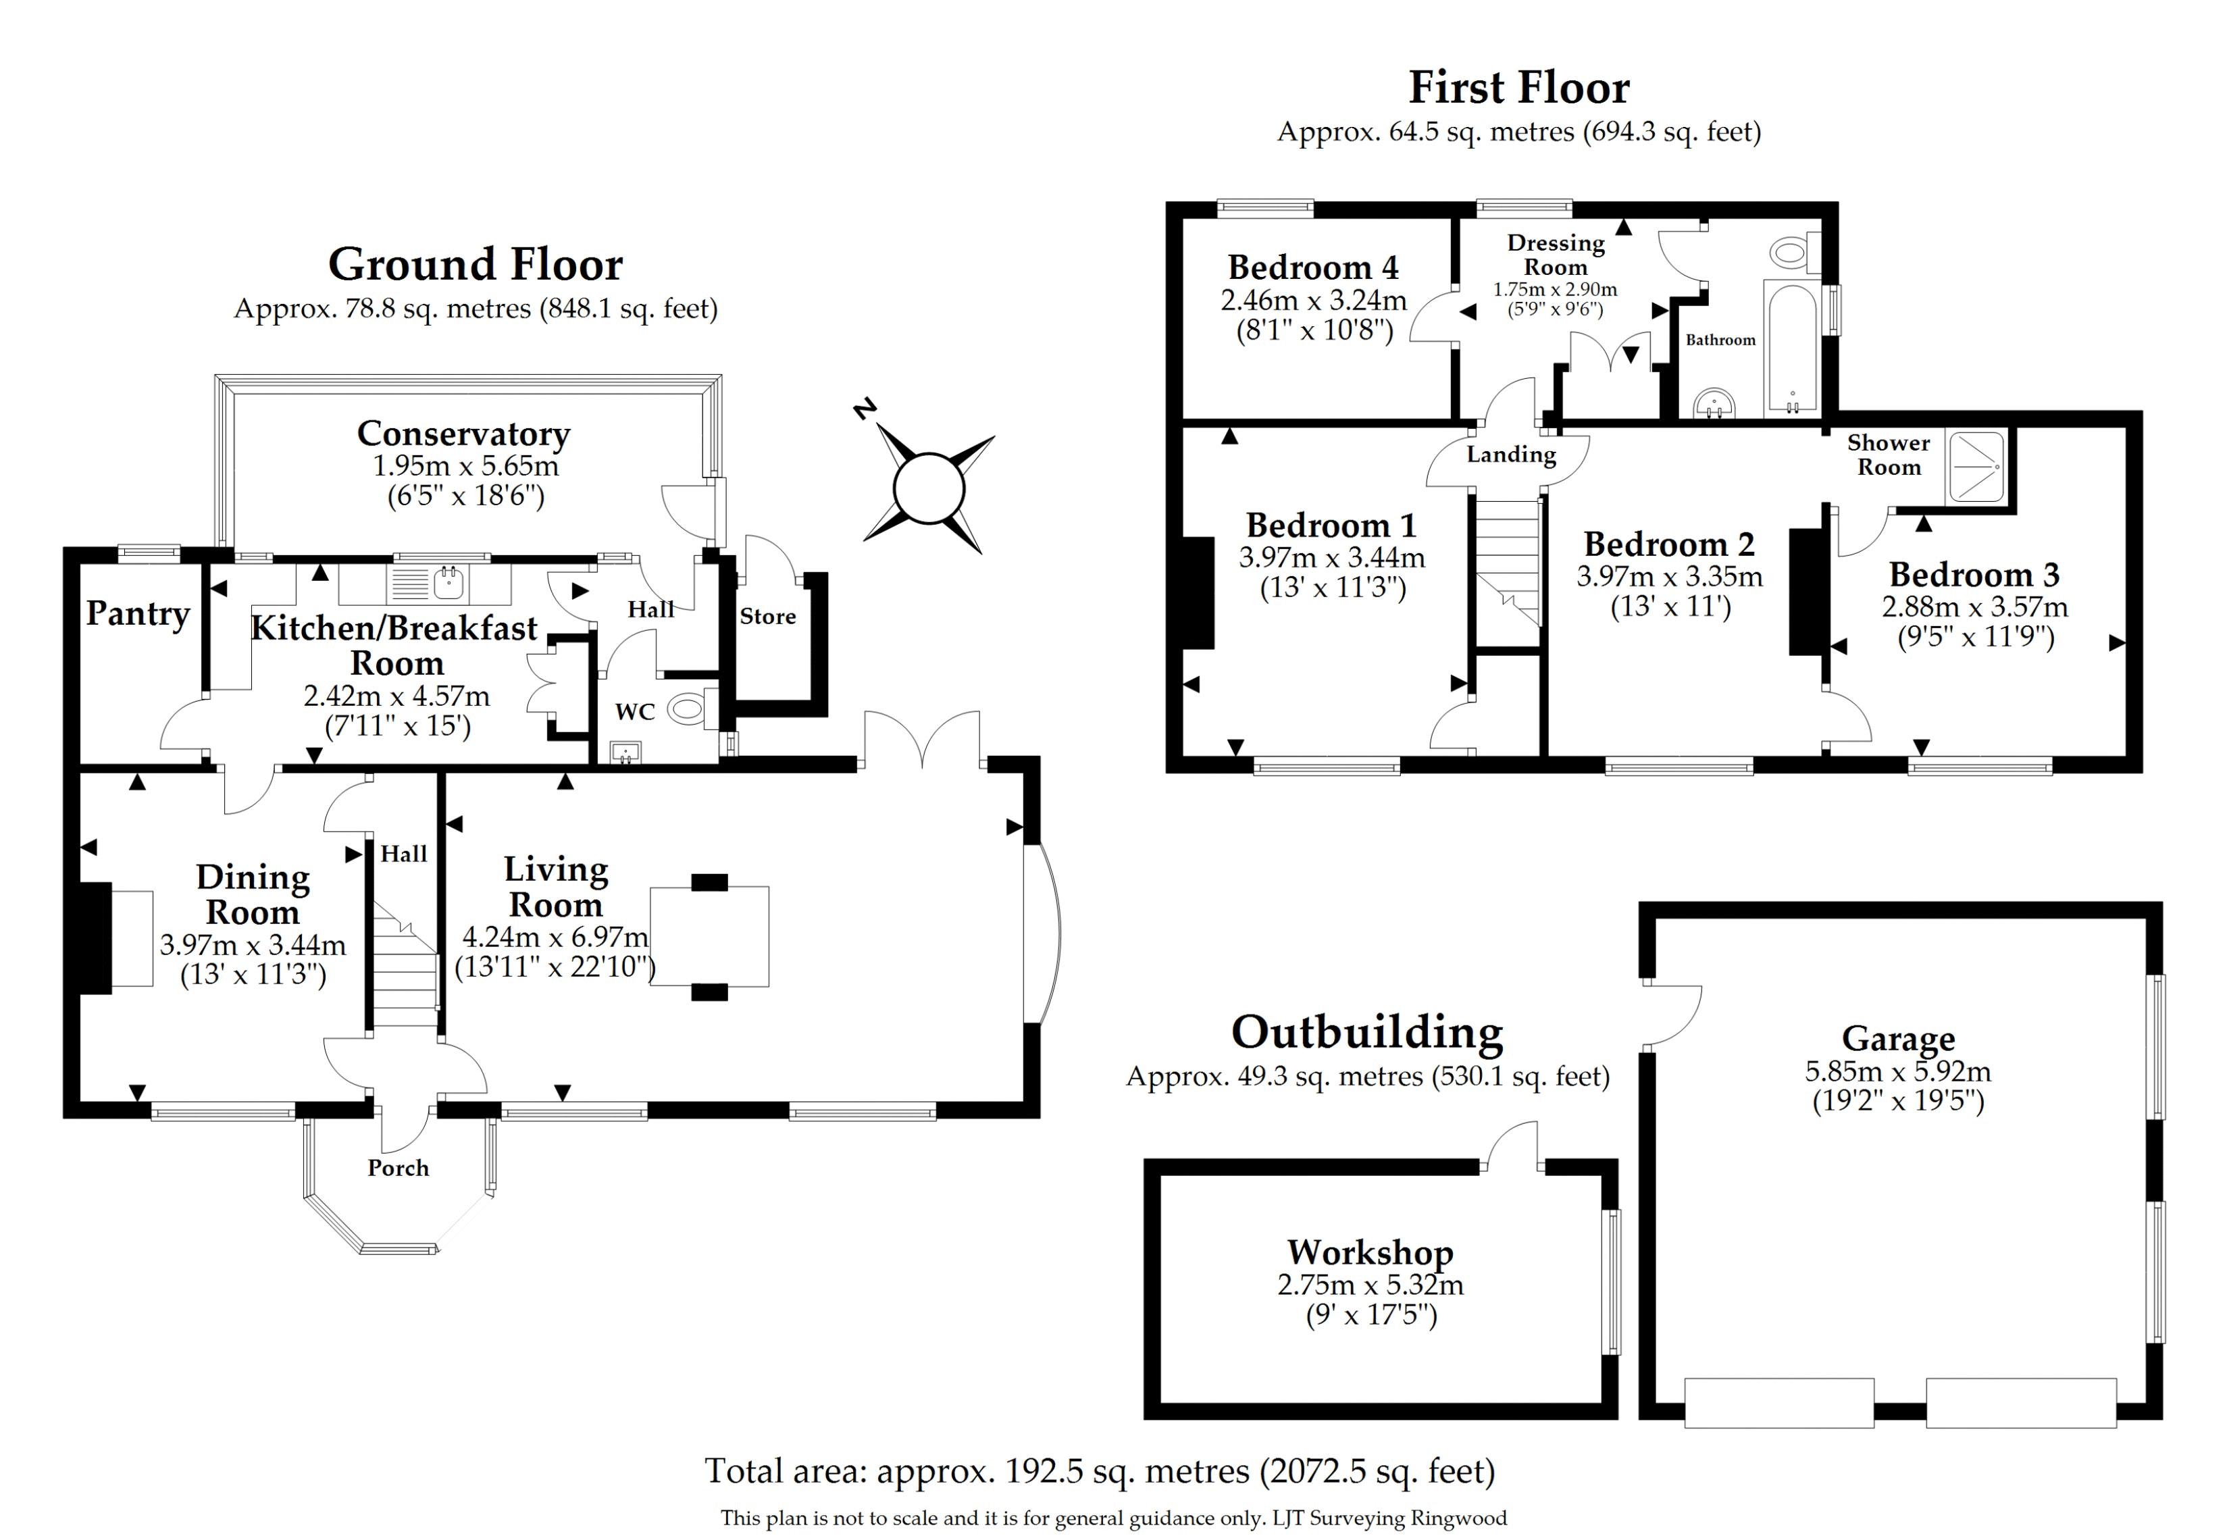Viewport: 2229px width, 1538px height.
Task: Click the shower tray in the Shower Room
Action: click(1976, 467)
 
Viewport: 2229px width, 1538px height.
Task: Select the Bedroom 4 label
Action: click(1312, 267)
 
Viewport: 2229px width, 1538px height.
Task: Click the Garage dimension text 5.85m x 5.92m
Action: click(1897, 1071)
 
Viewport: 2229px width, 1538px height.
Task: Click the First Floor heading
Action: click(1519, 88)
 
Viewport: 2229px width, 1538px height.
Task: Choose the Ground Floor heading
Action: click(475, 265)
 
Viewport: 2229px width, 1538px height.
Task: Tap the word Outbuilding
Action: click(1366, 1033)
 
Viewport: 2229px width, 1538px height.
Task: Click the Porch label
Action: click(398, 1168)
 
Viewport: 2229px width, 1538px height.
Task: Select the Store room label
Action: click(767, 617)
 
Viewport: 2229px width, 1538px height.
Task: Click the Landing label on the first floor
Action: click(1511, 454)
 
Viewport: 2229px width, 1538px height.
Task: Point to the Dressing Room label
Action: click(1556, 255)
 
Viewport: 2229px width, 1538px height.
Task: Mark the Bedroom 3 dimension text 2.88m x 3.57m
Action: click(1974, 607)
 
